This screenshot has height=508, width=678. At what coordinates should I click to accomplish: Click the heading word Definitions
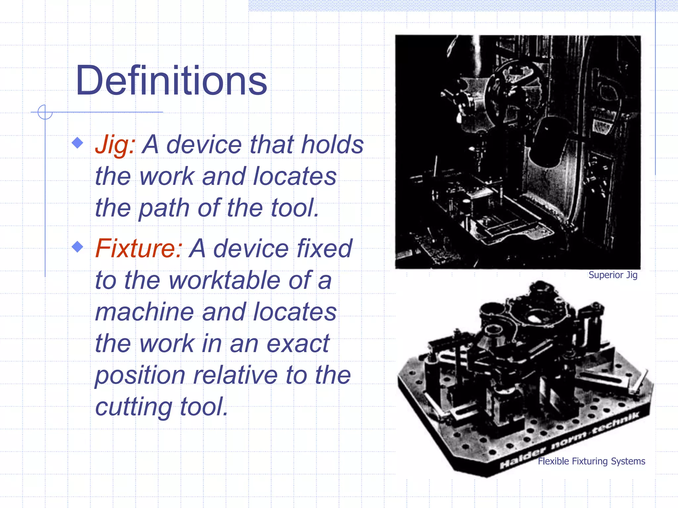point(171,81)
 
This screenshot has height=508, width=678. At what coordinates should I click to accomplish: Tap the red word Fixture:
point(139,248)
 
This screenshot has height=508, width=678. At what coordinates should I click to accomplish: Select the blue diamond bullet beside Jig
point(77,143)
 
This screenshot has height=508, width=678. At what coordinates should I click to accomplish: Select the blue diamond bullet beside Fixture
point(77,247)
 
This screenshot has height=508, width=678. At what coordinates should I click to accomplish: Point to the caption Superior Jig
point(613,275)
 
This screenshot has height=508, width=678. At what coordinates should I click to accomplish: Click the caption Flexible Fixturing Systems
point(591,461)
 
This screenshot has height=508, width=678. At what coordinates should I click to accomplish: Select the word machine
point(144,312)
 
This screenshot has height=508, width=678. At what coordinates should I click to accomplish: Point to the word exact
point(298,343)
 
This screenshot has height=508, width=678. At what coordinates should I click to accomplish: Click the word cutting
point(133,407)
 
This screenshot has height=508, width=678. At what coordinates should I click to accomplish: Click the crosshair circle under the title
point(45,112)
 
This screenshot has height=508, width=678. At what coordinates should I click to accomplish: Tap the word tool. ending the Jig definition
point(295,208)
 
